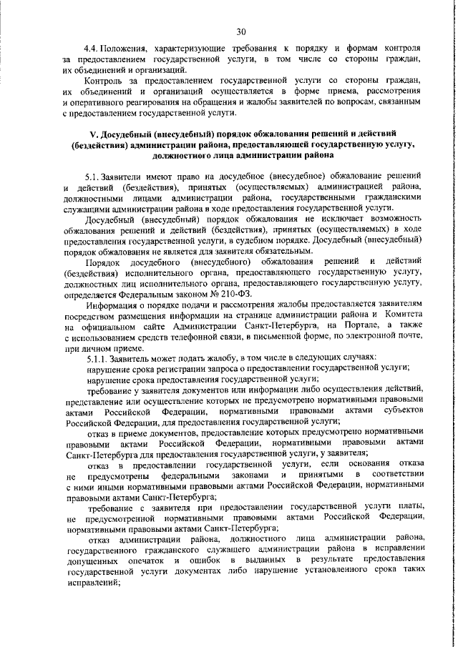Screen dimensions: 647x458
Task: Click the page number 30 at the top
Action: (241, 31)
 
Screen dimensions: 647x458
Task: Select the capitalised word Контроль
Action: (106, 83)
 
